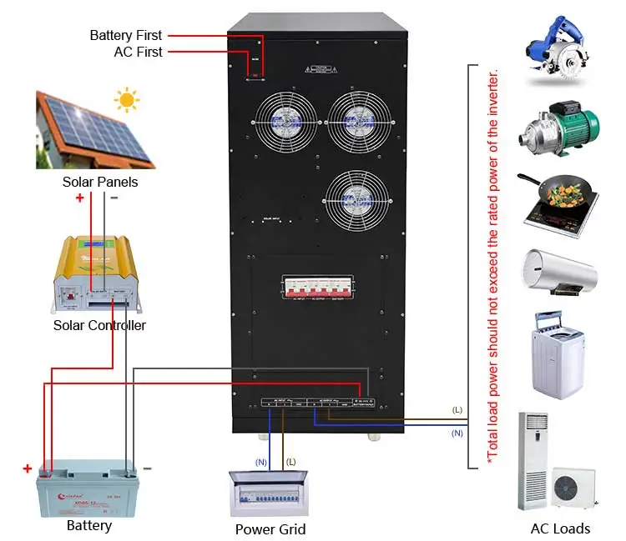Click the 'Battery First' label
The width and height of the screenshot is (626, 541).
point(126,35)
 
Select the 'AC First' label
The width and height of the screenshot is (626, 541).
point(138,52)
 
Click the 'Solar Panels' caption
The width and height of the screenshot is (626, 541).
point(100,181)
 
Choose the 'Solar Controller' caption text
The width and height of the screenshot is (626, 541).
point(99,325)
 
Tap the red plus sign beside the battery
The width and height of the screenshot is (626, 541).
point(28,468)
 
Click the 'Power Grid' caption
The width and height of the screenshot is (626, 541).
point(270,529)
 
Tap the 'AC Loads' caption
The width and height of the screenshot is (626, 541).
point(560,528)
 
